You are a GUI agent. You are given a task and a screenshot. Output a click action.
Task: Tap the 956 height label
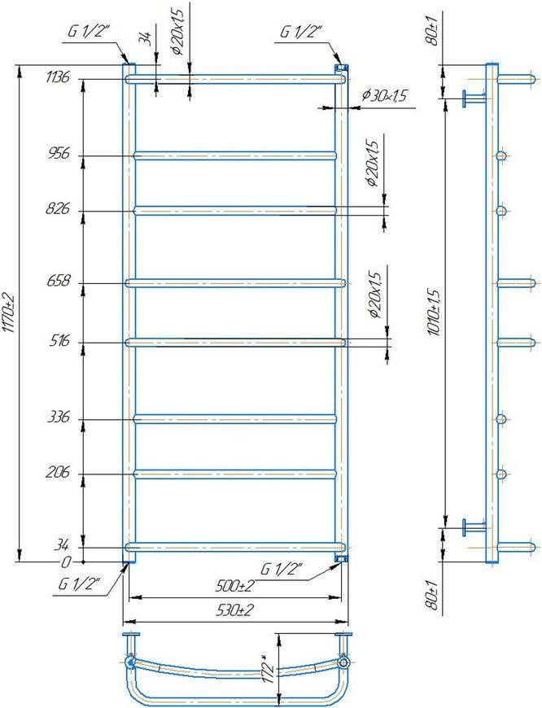[x=58, y=154]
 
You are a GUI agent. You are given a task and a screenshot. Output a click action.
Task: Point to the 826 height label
[x=58, y=209]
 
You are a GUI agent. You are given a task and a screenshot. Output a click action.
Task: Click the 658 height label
[x=58, y=282]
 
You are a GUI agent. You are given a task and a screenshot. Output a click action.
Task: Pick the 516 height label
[x=59, y=340]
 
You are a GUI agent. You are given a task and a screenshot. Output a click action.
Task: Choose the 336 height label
[x=59, y=417]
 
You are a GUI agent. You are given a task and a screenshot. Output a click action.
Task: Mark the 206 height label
[x=58, y=472]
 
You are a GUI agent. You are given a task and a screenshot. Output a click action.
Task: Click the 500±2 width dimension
[x=234, y=586]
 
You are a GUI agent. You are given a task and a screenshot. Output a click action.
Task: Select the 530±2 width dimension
[x=234, y=610]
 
